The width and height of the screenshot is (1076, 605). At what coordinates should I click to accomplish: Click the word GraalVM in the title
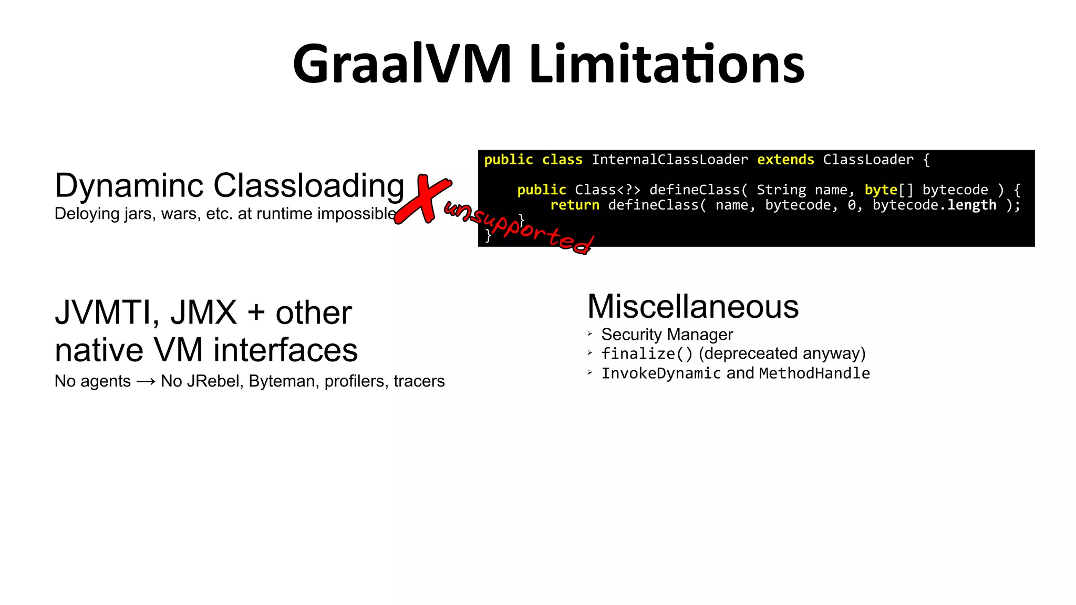click(x=402, y=65)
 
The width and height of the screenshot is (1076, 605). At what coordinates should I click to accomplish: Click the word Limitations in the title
click(x=667, y=65)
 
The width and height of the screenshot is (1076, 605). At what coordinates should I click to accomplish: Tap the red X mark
click(x=423, y=199)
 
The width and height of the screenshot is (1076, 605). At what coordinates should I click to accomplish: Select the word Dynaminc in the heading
click(x=129, y=186)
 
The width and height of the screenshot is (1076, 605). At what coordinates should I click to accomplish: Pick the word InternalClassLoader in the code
click(x=669, y=160)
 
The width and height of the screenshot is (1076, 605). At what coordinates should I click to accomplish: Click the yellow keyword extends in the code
click(x=785, y=160)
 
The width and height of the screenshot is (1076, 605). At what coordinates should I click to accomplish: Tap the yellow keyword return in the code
click(x=574, y=205)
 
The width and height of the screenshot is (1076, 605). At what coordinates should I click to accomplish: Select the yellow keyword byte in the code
click(x=881, y=190)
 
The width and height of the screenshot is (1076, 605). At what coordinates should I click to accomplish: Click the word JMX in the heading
click(x=203, y=313)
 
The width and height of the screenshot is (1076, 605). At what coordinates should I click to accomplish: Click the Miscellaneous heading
click(x=692, y=307)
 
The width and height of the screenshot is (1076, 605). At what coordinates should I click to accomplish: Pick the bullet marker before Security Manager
click(x=590, y=333)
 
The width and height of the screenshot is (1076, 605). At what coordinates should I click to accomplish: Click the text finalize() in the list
click(x=647, y=354)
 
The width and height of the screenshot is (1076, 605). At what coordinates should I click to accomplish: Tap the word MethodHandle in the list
click(x=814, y=373)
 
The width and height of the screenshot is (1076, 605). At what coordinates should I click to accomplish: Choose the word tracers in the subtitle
click(x=419, y=381)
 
